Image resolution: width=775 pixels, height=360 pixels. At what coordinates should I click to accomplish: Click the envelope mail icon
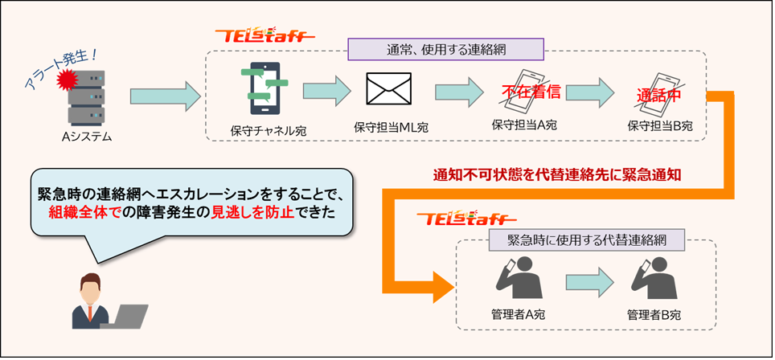(389, 90)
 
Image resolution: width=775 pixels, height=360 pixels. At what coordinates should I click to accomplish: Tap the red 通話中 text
(659, 93)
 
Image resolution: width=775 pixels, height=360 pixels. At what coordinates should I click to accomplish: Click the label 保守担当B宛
(659, 126)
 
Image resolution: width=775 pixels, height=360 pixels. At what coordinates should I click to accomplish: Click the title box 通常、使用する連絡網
(445, 48)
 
